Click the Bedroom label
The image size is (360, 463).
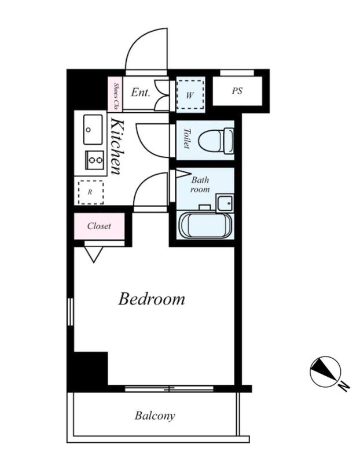click(152, 299)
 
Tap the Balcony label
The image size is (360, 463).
click(155, 416)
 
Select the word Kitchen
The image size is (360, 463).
click(116, 146)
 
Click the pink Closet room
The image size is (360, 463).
click(99, 226)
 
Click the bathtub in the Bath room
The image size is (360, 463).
click(206, 225)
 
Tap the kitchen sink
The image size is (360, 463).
click(93, 129)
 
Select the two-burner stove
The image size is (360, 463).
click(94, 160)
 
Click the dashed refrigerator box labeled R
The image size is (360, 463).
click(91, 192)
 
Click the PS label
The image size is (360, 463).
click(237, 91)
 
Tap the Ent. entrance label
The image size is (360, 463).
click(141, 93)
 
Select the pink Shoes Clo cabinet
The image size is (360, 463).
click(115, 94)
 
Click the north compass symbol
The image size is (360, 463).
click(325, 372)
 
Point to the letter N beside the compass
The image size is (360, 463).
click(344, 385)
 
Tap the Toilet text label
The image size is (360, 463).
click(186, 138)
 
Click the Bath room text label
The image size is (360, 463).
click(200, 184)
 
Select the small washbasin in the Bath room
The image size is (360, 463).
click(225, 203)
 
